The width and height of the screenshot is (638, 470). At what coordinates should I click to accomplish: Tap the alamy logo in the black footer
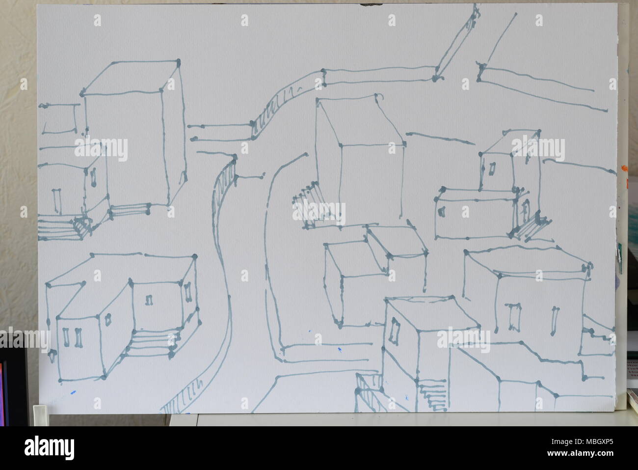click(x=50, y=448)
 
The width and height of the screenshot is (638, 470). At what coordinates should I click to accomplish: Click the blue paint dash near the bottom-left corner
click(x=73, y=392)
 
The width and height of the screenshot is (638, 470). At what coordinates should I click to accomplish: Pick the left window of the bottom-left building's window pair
click(x=66, y=338)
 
